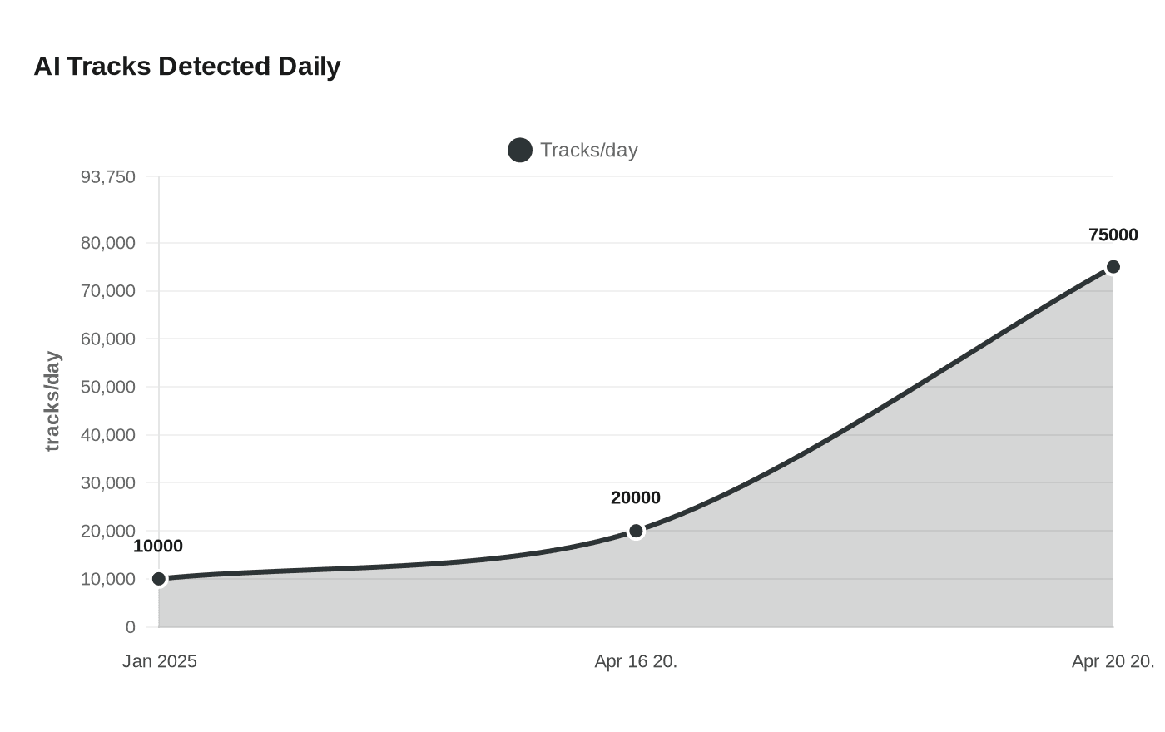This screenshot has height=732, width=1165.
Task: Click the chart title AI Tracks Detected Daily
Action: pos(187,67)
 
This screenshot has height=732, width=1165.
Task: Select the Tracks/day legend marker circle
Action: pos(520,151)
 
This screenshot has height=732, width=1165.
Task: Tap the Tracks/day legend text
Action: pos(588,151)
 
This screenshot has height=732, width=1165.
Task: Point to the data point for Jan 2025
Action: pos(159,579)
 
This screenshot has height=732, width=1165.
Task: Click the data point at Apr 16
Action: pos(636,531)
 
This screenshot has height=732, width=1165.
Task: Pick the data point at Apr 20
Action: pos(1113,267)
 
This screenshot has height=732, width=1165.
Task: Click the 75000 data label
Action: pos(1113,235)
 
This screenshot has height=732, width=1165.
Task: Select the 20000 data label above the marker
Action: pos(636,498)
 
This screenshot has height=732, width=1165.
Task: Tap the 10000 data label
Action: pos(158,547)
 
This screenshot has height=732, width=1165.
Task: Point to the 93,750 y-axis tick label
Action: pos(107,177)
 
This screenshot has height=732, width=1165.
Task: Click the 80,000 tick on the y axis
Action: pos(107,244)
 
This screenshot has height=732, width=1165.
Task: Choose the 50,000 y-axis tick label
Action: pos(107,388)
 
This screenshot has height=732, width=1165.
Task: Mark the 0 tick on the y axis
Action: pos(130,627)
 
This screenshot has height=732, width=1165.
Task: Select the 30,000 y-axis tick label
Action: pos(107,483)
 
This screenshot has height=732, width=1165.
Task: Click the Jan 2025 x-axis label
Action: pos(160,662)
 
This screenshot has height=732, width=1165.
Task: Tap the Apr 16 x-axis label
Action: pos(636,662)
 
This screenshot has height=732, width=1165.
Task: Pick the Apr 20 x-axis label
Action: pos(1113,662)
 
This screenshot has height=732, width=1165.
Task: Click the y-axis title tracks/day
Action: pos(52,401)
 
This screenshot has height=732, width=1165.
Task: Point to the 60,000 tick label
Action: pos(107,339)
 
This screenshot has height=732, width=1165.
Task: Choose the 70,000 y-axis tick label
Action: pos(107,291)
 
